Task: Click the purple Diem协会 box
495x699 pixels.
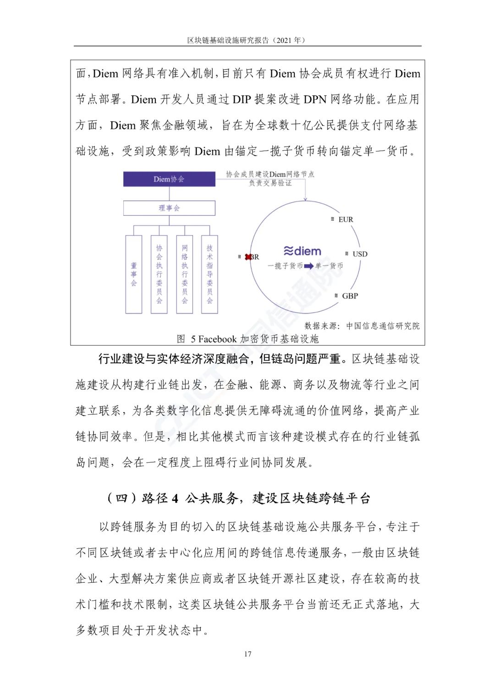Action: [x=169, y=179]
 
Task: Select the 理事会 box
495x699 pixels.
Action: [x=169, y=208]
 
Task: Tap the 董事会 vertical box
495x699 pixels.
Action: [x=134, y=274]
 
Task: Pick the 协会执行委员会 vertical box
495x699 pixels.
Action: [x=159, y=274]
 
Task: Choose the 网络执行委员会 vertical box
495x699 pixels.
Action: [x=184, y=274]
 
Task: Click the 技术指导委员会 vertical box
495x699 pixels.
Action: [x=209, y=274]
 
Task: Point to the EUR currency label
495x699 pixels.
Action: [x=346, y=220]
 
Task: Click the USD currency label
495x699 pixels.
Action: [x=359, y=254]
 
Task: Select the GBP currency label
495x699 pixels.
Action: [x=350, y=296]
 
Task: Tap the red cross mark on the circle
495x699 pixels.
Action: [x=248, y=257]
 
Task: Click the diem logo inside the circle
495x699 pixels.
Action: [x=302, y=251]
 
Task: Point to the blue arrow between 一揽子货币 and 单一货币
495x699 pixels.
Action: [x=309, y=266]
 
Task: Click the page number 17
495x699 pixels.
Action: [x=247, y=654]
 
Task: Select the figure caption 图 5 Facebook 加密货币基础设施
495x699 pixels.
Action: [x=247, y=339]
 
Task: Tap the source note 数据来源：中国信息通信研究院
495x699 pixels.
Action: [x=362, y=326]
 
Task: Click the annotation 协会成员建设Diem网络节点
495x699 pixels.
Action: [x=270, y=174]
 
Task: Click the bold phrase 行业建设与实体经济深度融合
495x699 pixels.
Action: [x=173, y=359]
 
